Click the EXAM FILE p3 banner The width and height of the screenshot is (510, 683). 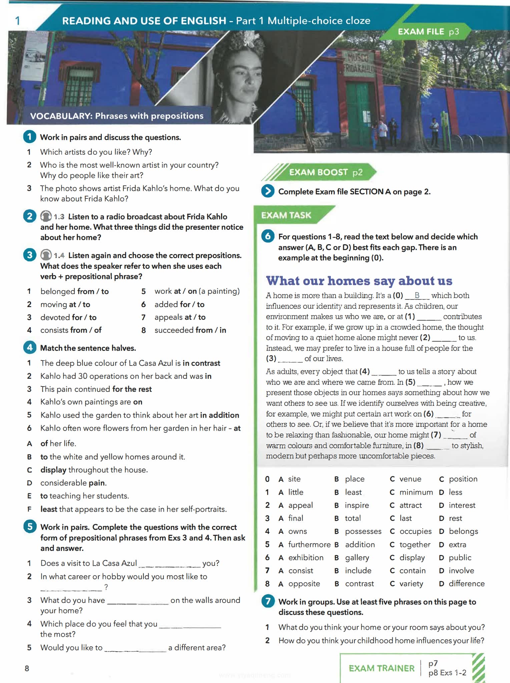click(x=428, y=32)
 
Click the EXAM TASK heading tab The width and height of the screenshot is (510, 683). click(x=286, y=215)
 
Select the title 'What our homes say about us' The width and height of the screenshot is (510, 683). click(x=359, y=281)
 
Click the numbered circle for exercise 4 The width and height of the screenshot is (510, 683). click(x=30, y=348)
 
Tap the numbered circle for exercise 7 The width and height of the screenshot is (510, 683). click(x=268, y=601)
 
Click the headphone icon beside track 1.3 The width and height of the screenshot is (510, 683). click(x=46, y=216)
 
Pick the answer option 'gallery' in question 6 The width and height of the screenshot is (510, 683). click(x=357, y=558)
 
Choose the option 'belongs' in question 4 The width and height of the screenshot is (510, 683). click(x=463, y=531)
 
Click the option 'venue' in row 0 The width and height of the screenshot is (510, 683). click(x=410, y=479)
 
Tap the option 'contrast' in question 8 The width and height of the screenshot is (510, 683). click(x=359, y=584)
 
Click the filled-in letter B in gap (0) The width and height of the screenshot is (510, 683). click(x=417, y=295)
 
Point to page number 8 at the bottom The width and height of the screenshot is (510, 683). click(x=27, y=668)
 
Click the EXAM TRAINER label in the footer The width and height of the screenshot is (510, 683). click(x=382, y=668)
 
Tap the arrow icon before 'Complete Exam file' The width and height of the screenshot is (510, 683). click(x=268, y=191)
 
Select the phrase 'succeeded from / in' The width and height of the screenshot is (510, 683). click(x=190, y=330)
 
